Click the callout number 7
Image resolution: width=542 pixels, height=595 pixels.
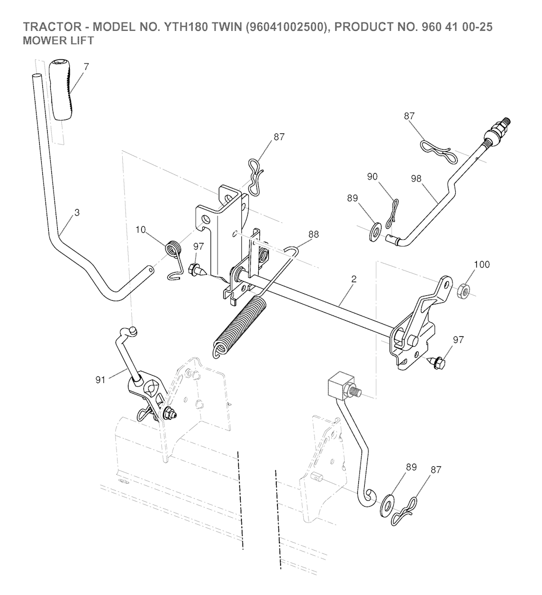click(x=86, y=67)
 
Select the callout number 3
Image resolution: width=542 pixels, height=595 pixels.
click(x=77, y=213)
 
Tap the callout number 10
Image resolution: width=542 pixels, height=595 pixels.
click(x=140, y=230)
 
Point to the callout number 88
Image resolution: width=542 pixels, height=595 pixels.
click(x=313, y=235)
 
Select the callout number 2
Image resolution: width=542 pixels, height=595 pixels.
click(x=354, y=280)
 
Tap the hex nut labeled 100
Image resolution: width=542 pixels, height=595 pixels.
click(x=464, y=291)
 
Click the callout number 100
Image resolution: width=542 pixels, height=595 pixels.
click(x=482, y=265)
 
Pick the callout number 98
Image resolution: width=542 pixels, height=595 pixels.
click(x=417, y=178)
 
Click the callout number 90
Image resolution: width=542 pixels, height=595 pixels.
click(x=372, y=177)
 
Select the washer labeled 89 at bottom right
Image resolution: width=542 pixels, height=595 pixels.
click(x=386, y=504)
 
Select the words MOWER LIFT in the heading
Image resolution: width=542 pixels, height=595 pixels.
click(x=58, y=41)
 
